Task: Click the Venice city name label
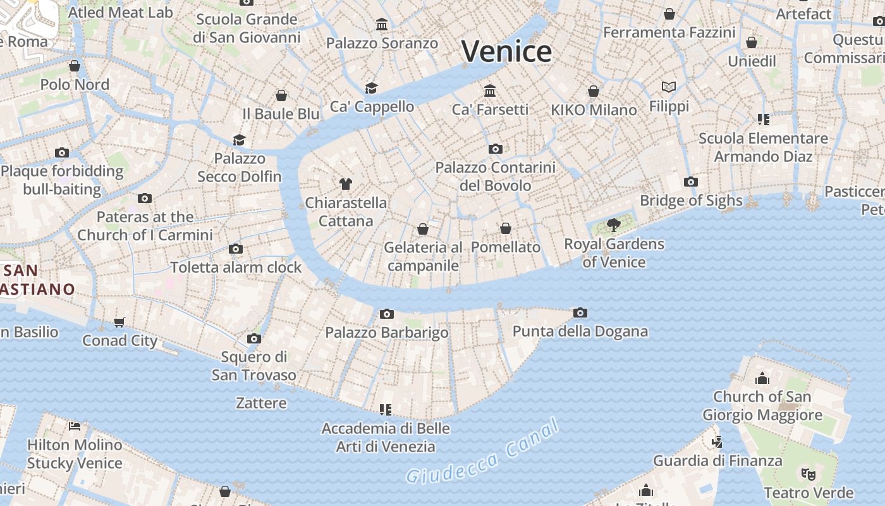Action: click(506, 51)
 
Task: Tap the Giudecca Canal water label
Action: click(483, 452)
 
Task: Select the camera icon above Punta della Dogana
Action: click(580, 312)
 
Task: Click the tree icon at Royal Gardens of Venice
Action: click(613, 225)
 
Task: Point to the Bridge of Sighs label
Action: click(691, 201)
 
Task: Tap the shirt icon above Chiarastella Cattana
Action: click(345, 184)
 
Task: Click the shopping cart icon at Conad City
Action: click(119, 323)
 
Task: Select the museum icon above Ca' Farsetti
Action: click(490, 90)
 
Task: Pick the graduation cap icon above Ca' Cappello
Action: click(372, 88)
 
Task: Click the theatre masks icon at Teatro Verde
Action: click(808, 474)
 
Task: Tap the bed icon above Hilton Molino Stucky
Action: click(75, 426)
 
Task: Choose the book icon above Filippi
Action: click(669, 87)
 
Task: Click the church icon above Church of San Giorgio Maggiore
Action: click(762, 378)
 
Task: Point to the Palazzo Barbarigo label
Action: click(387, 333)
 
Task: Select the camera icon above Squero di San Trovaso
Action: click(254, 338)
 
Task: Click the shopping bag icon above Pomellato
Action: click(506, 228)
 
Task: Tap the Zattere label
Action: click(261, 403)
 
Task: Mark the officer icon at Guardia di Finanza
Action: click(717, 441)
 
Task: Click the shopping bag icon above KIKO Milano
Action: click(594, 92)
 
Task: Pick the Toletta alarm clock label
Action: click(236, 268)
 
